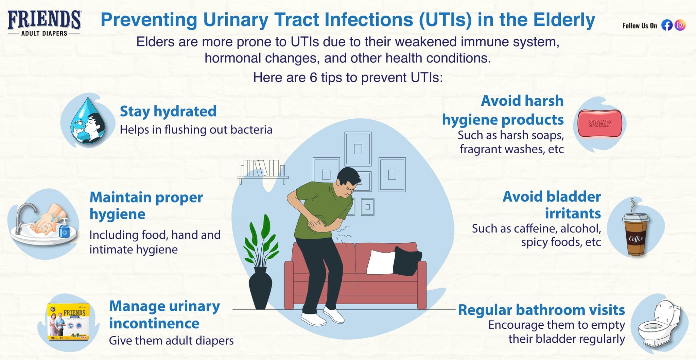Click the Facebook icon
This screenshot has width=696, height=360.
coord(667,25)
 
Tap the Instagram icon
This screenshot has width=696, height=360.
coord(680,25)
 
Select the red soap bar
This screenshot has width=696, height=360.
coord(600,123)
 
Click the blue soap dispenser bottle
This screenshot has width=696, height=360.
coord(64,228)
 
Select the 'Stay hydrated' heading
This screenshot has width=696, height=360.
coord(168,111)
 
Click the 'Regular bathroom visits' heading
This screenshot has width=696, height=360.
coord(541,310)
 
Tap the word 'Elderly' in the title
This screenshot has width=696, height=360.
coord(564,20)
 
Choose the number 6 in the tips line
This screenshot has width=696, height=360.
coord(313,78)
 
